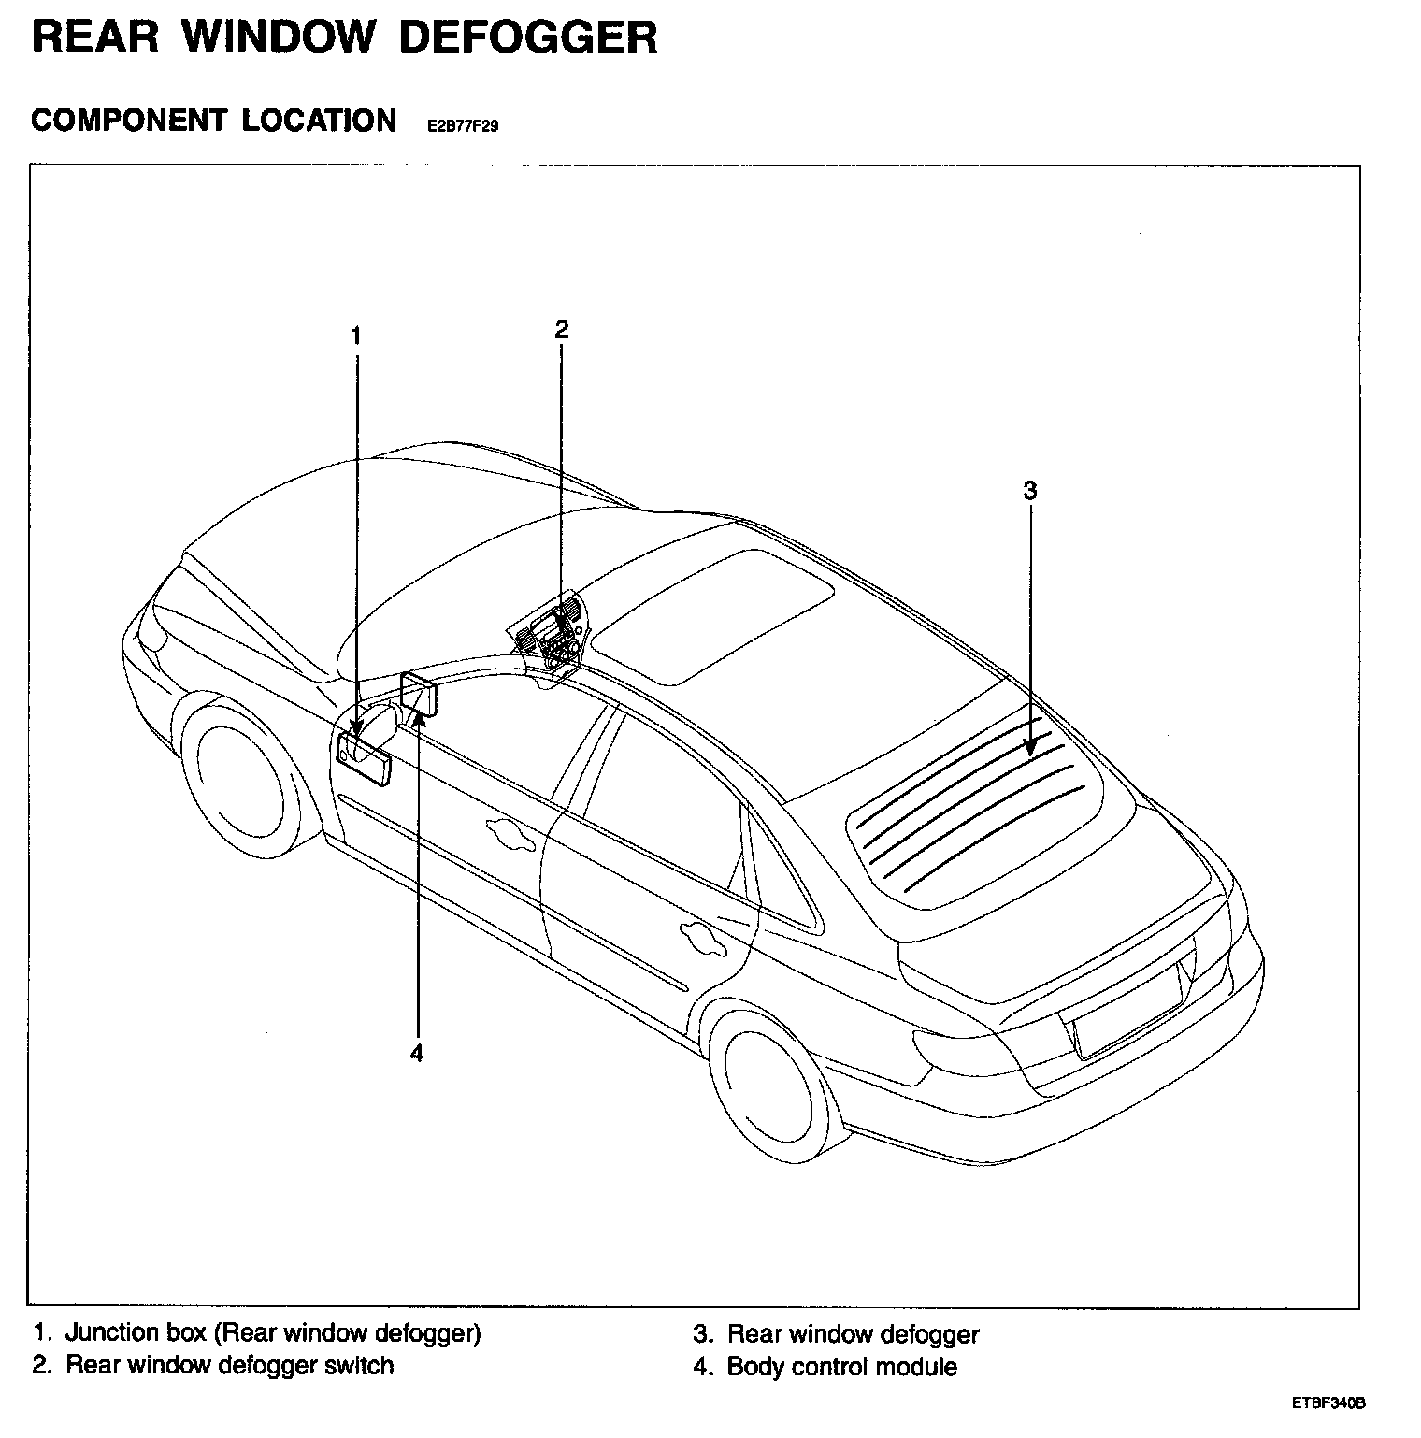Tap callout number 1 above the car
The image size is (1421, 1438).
pos(355,336)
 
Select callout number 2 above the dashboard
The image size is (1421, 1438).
pos(561,329)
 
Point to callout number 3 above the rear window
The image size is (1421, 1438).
pos(1029,490)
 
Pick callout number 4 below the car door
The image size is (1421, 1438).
pos(417,1053)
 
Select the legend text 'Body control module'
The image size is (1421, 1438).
pos(841,1367)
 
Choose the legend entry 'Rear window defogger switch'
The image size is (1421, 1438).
pos(229,1365)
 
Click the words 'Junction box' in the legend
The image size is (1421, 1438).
pos(136,1332)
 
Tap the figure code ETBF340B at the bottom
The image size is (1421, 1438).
pos(1329,1404)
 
